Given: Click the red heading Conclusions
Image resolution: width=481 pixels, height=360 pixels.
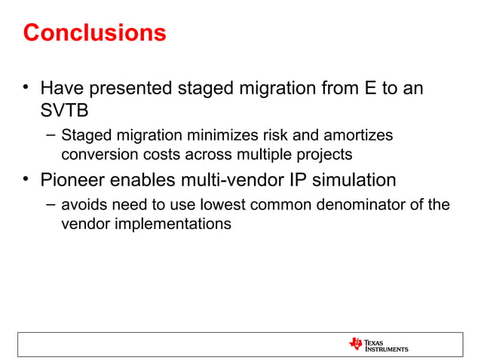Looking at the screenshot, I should coord(94,33).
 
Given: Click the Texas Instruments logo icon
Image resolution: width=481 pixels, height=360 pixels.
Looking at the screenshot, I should coord(356,344).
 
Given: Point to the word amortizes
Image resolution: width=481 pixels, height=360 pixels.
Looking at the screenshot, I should coord(359,136).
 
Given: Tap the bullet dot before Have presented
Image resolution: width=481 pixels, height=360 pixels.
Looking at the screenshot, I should coord(26,89).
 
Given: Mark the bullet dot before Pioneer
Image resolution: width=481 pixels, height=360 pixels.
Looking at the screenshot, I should coord(26,179).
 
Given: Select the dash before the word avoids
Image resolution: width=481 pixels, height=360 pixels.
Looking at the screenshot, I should coord(50,204).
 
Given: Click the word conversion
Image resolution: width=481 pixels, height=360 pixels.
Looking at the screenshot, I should coord(93,156).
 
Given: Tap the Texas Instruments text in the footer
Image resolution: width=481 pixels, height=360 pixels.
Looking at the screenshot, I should coord(387,345).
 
